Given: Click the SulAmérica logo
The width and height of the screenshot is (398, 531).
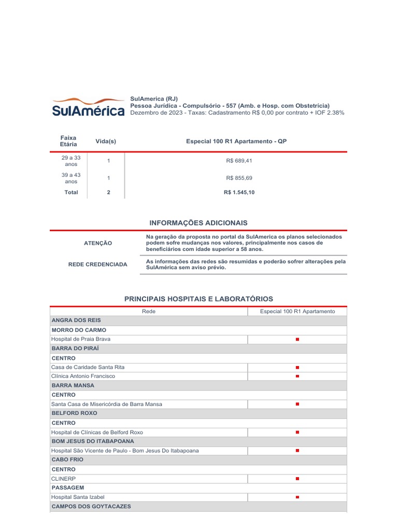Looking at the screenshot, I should coord(88,106).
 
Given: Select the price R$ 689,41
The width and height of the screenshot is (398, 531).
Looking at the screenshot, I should coord(239,161).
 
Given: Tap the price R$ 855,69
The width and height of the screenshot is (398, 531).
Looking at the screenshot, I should coord(239,178).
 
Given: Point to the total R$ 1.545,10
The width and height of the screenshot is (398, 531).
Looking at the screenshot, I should coord(239,192).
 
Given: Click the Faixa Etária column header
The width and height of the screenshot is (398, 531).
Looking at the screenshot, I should coord(68,141).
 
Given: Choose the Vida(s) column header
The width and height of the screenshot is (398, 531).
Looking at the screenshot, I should coord(106,141).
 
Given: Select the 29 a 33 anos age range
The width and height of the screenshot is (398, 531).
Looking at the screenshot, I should coord(71,161).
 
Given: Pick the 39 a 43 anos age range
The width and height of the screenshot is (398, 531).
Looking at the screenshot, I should coord(71,178).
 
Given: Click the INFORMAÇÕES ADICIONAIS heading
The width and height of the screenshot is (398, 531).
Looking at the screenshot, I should coord(198,222).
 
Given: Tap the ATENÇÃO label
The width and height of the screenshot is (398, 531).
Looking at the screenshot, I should coord(97,243).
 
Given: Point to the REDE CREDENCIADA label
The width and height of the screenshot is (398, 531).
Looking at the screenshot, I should coord(97,264).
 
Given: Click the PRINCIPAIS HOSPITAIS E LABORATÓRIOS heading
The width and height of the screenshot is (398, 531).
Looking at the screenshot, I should coord(198,299).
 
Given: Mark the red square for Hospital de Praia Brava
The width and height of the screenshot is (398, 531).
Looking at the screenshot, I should coord(297,339).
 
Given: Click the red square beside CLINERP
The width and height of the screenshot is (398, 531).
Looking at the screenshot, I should coord(297,479).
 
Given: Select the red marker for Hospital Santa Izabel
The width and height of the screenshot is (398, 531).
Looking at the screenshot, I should coord(297,497).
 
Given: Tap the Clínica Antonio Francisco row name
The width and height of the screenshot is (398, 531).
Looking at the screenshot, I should coord(83,376).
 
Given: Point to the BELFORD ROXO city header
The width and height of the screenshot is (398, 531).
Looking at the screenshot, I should coord(74,413).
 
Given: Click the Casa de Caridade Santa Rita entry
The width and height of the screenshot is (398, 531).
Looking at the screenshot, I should coord(88,367).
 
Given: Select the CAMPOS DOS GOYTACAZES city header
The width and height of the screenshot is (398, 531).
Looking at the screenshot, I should coord(91,506).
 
